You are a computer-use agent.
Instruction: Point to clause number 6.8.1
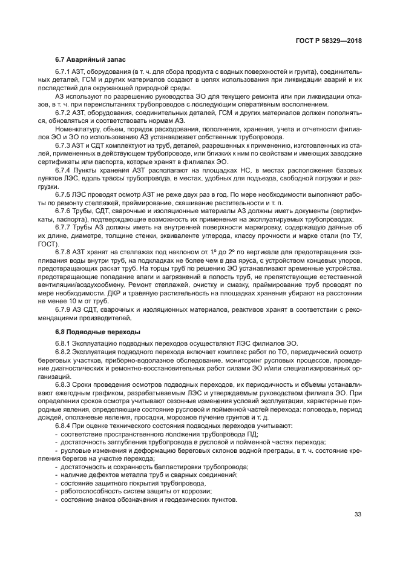point(64,343)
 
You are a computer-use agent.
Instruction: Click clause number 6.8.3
point(64,385)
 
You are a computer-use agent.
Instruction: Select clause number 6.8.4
point(64,426)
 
